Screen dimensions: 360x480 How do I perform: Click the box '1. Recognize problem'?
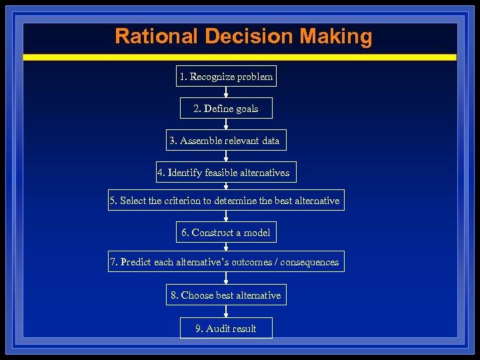point(226,77)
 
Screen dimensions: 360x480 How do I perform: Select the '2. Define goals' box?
point(226,109)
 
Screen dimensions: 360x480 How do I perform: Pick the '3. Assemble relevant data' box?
point(226,141)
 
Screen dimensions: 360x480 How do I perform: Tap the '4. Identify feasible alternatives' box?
point(226,173)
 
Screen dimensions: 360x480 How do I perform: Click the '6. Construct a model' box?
point(226,233)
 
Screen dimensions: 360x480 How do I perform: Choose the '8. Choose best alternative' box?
point(226,295)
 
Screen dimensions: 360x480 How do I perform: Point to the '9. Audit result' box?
point(226,329)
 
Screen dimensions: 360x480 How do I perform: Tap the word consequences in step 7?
point(309,262)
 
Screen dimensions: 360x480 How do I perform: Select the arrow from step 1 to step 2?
point(226,93)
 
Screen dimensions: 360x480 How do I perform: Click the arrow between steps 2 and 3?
point(226,125)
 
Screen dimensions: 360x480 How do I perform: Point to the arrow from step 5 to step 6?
point(226,217)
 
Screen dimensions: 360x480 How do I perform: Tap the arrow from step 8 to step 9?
point(226,312)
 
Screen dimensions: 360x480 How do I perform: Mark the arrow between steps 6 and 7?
point(226,247)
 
